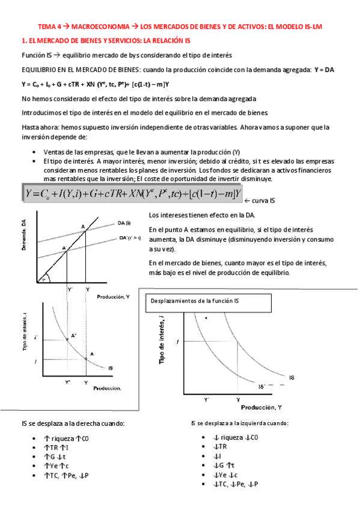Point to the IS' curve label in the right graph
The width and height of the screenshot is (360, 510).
[262, 387]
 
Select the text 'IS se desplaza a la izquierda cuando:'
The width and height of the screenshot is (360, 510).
[240, 423]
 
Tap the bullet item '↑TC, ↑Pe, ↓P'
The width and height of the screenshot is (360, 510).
[66, 476]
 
